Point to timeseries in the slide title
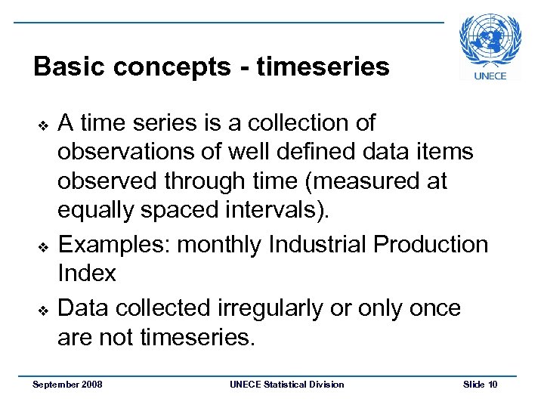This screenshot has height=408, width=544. coord(323,67)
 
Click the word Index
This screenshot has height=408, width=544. coord(87,274)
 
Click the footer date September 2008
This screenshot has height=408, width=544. coord(68,385)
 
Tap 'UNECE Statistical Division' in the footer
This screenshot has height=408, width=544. coord(286,385)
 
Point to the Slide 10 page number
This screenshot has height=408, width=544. coord(480,385)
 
